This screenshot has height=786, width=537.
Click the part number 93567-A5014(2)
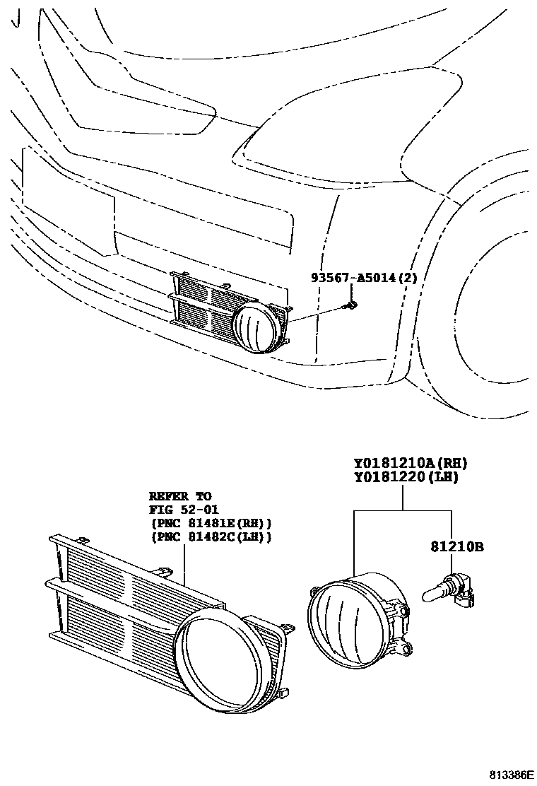pyautogui.click(x=365, y=278)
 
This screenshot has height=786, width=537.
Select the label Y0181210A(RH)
pyautogui.click(x=411, y=464)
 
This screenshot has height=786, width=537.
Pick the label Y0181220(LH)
pyautogui.click(x=406, y=478)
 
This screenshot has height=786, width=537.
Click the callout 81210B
pyautogui.click(x=457, y=546)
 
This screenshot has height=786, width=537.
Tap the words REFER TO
pyautogui.click(x=180, y=496)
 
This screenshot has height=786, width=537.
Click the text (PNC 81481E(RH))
pyautogui.click(x=211, y=524)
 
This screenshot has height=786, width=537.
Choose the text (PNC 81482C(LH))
pyautogui.click(x=211, y=537)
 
